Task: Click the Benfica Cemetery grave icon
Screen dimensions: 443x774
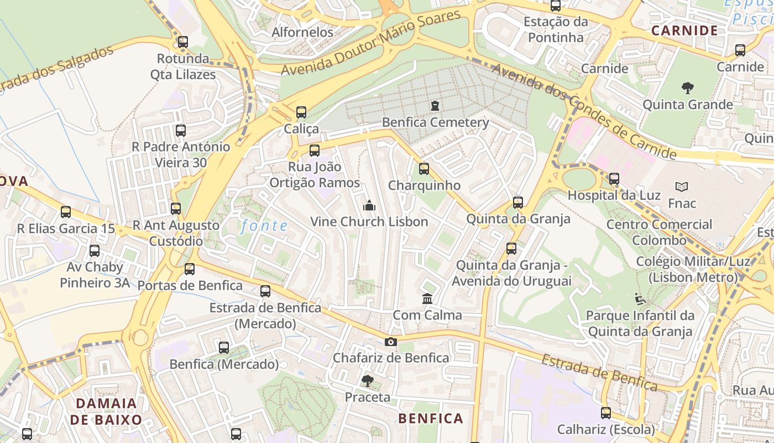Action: pos(435,105)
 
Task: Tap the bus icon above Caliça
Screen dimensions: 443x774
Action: pos(301,112)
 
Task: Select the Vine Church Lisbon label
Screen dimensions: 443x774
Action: pos(369,221)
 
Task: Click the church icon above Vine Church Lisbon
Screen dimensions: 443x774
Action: pos(369,205)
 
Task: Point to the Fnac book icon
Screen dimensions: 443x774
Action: pos(682,187)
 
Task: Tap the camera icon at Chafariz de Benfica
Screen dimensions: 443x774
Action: pos(391,342)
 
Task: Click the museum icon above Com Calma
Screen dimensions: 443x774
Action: pos(427,299)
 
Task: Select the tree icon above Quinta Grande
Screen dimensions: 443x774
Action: pos(688,87)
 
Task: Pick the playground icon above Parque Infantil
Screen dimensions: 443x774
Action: pos(640,300)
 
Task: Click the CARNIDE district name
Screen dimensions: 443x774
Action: pos(684,30)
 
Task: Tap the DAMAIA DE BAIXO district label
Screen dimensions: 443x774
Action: pos(106,411)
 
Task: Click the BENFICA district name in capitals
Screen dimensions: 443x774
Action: pos(431,418)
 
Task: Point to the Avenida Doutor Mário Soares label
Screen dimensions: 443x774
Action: pos(371,42)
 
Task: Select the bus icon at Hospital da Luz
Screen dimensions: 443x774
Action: pos(614,179)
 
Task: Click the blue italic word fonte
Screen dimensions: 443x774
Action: pos(265,225)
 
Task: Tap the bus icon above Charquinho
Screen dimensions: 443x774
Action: pos(424,168)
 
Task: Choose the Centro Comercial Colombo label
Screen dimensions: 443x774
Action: pos(659,232)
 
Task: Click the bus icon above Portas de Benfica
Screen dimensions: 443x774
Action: pos(190,269)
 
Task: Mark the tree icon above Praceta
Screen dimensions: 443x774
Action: pos(367,381)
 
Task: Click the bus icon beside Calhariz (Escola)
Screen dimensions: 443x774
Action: pos(606,413)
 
